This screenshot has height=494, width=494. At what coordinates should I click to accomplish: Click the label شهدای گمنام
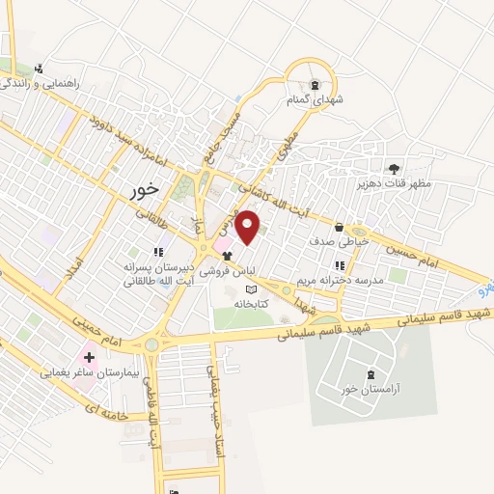pos(312,99)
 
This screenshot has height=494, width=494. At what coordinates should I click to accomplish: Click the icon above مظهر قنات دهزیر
pos(392,167)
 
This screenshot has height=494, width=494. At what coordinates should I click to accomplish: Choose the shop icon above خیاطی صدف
pos(340,228)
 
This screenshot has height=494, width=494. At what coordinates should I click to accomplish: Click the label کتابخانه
pos(249,304)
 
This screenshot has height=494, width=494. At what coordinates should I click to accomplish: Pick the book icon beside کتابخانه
pos(253,289)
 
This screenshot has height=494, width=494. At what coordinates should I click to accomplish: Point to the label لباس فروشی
pos(229,272)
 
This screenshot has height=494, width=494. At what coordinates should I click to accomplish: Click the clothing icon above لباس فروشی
pos(228,257)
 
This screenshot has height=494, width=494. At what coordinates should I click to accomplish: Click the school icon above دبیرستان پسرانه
pos(158,252)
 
